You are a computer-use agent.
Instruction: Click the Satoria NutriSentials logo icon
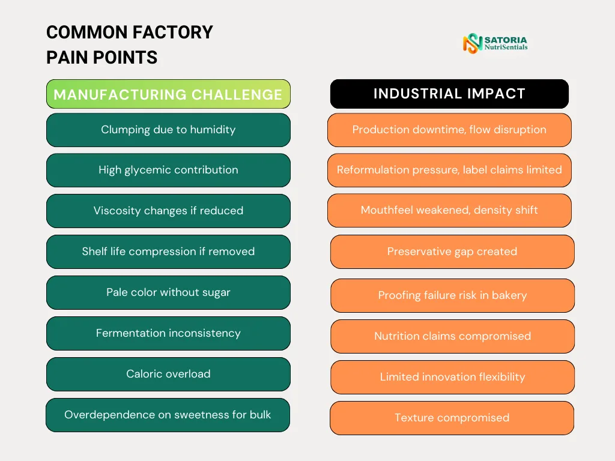pyautogui.click(x=473, y=43)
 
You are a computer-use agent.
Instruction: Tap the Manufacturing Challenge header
pyautogui.click(x=168, y=94)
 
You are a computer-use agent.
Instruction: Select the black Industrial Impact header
pyautogui.click(x=449, y=94)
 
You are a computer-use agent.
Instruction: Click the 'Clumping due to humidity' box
pyautogui.click(x=168, y=130)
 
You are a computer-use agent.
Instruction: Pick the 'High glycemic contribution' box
pyautogui.click(x=168, y=170)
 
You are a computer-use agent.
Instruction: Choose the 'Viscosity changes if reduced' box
pyautogui.click(x=168, y=211)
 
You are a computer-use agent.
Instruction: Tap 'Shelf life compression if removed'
pyautogui.click(x=168, y=252)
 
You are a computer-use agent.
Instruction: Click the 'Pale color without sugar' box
pyautogui.click(x=168, y=292)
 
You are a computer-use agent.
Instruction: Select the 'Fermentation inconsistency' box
pyautogui.click(x=168, y=333)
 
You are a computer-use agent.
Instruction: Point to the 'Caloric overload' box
pyautogui.click(x=168, y=374)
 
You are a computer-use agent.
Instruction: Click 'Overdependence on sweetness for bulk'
pyautogui.click(x=168, y=415)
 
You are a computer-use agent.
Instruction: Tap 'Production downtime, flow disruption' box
pyautogui.click(x=449, y=130)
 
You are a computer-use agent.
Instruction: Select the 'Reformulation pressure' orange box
pyautogui.click(x=449, y=170)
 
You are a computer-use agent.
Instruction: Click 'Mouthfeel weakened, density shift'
pyautogui.click(x=449, y=210)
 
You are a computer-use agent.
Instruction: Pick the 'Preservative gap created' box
pyautogui.click(x=452, y=252)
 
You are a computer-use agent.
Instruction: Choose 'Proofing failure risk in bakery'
pyautogui.click(x=452, y=295)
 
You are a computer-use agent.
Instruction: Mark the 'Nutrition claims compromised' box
pyautogui.click(x=452, y=336)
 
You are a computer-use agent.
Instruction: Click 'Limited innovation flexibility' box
pyautogui.click(x=452, y=377)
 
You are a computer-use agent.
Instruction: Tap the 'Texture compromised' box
pyautogui.click(x=452, y=418)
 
